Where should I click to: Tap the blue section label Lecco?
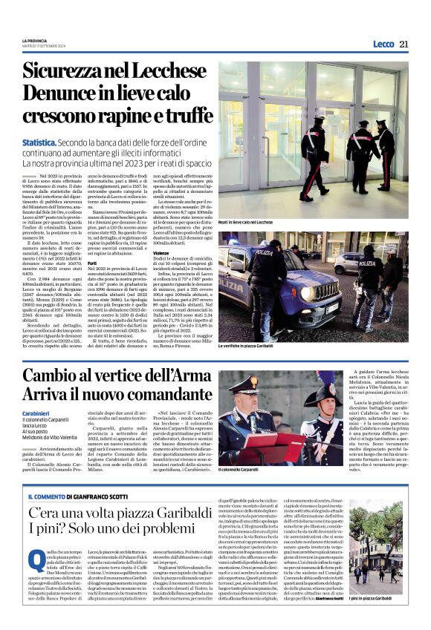click(383, 44)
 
